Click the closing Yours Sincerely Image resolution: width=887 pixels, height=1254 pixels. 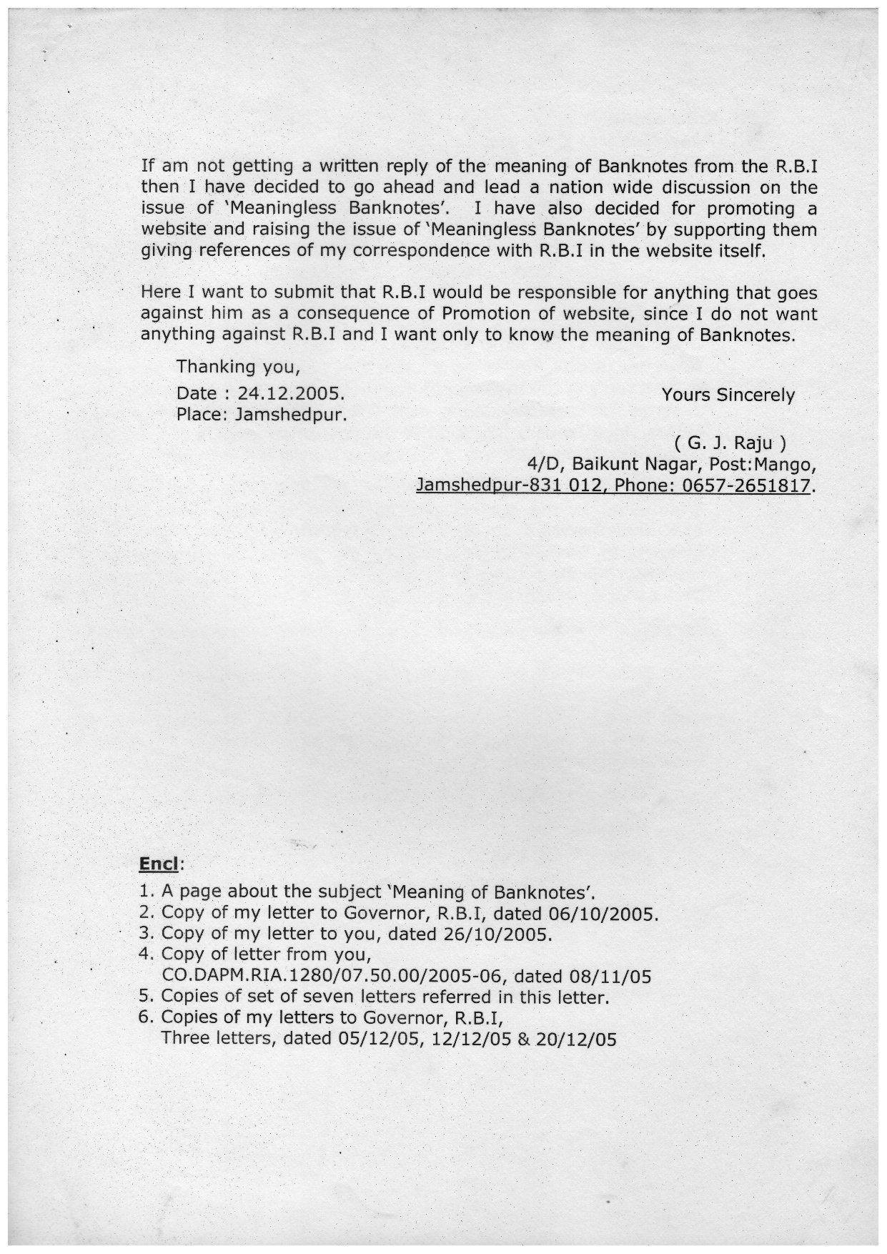728,395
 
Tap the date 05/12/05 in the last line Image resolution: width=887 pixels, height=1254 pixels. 374,1039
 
